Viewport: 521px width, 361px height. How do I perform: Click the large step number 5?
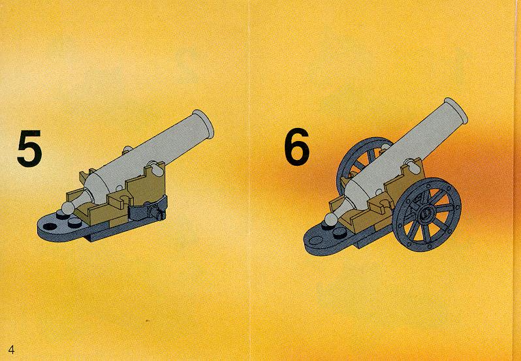point(29,148)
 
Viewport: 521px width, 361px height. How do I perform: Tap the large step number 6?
point(296,146)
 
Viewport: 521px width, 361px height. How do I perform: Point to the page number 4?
point(11,350)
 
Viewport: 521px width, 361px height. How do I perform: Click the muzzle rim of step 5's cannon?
point(202,123)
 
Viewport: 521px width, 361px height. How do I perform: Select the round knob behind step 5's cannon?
point(68,208)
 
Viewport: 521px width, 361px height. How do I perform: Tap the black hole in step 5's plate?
point(50,227)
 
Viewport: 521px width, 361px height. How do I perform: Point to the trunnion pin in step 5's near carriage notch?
point(155,168)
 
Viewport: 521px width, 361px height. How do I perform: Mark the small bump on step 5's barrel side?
point(127,149)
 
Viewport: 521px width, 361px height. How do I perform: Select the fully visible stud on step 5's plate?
point(75,223)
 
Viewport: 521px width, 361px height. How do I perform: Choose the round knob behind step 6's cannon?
point(331,219)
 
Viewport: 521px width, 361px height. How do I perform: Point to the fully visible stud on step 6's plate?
point(339,233)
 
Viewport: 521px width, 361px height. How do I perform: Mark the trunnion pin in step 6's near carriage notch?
point(413,166)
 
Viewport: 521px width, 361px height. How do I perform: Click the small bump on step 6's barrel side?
point(385,148)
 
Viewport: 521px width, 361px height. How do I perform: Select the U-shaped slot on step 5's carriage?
point(123,198)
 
